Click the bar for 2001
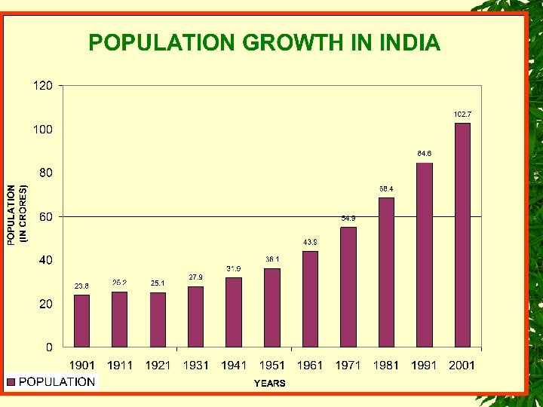(x=462, y=235)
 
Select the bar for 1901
(x=81, y=321)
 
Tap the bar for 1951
(x=272, y=308)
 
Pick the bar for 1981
(x=386, y=272)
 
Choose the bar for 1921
(x=158, y=320)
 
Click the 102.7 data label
(x=462, y=114)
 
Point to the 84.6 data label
(x=425, y=154)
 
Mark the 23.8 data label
(x=81, y=286)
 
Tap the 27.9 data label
(x=196, y=277)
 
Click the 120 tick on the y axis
(x=42, y=86)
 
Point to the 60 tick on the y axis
(x=46, y=217)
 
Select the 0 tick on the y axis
(x=49, y=347)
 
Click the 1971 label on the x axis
(x=348, y=366)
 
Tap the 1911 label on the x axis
(x=120, y=366)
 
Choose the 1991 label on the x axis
(x=424, y=366)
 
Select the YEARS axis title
(x=269, y=384)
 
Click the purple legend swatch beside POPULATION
(x=11, y=382)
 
